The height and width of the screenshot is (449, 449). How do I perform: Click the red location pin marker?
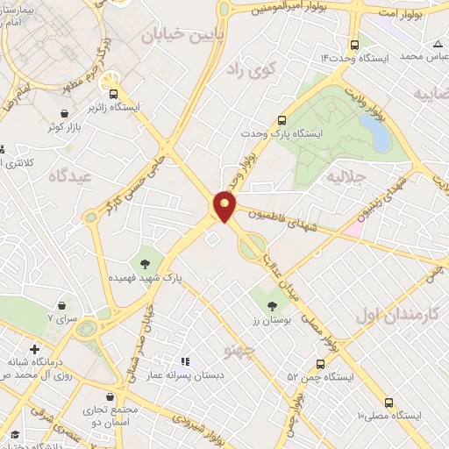click(224, 206)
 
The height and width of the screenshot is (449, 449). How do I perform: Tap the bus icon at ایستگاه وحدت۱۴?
click(353, 45)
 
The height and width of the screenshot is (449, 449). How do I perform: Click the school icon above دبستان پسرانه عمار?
click(184, 361)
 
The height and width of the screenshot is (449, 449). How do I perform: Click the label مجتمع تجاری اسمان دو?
click(110, 415)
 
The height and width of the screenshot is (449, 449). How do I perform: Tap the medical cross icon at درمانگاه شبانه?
click(33, 349)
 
